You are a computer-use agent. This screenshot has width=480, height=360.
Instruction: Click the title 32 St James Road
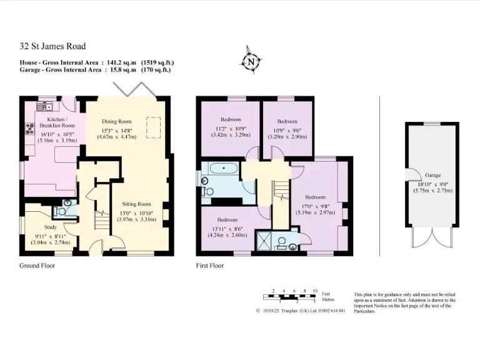tap(52, 46)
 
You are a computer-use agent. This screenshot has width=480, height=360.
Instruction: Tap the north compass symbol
tap(251, 62)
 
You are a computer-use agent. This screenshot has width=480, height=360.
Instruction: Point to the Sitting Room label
tap(136, 204)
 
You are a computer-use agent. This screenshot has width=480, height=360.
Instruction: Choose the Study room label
tap(50, 227)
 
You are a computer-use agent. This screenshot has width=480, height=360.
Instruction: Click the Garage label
tap(432, 176)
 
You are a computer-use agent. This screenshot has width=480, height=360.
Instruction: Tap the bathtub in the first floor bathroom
tap(224, 169)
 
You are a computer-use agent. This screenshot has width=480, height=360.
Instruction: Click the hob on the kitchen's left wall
tap(29, 129)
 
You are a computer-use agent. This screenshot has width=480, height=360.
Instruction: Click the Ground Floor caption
tap(37, 266)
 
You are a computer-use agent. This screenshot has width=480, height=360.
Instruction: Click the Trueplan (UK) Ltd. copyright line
tap(301, 311)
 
